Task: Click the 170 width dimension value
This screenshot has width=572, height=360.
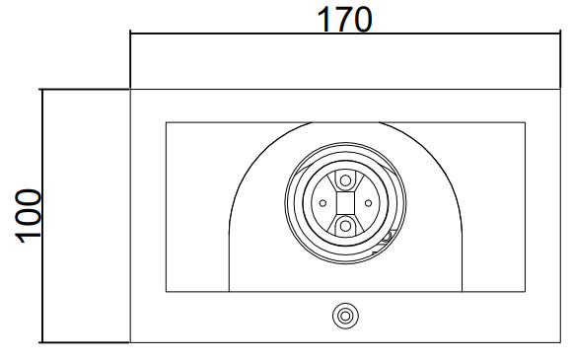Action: click(x=345, y=20)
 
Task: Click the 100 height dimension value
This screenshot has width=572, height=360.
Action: click(x=29, y=216)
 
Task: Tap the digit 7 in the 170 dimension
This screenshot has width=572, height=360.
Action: click(x=345, y=20)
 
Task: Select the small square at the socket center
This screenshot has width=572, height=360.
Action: click(x=345, y=203)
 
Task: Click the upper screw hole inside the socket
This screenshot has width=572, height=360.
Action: click(x=345, y=180)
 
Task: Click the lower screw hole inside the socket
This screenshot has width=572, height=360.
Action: click(x=345, y=226)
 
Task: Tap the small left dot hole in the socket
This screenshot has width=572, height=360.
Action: click(x=322, y=203)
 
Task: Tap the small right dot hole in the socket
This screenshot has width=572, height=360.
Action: click(x=368, y=203)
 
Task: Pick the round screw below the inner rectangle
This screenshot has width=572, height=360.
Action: click(x=345, y=316)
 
